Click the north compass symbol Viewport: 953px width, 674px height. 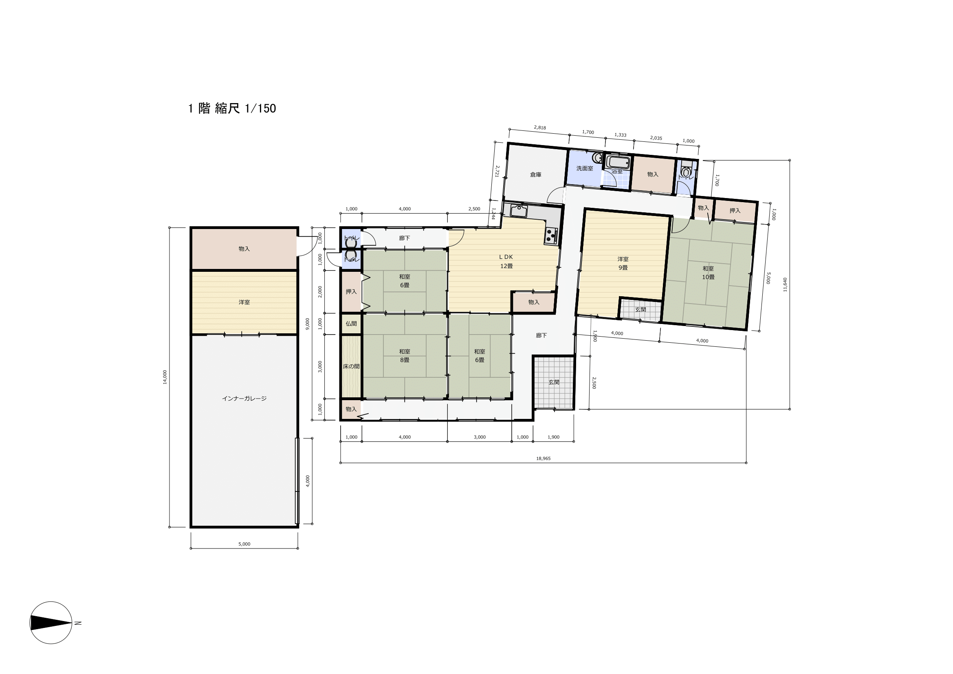[51, 623]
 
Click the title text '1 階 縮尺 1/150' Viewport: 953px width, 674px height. [232, 109]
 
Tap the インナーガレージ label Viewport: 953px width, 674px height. [244, 399]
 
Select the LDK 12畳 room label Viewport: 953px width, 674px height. [506, 262]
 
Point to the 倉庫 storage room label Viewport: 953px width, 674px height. [535, 175]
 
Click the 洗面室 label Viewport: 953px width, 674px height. [584, 169]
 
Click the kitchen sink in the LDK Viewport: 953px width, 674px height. [518, 211]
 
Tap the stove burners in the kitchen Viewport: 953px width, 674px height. [550, 235]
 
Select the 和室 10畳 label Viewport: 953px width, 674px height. [708, 273]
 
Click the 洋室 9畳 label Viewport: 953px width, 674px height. [623, 263]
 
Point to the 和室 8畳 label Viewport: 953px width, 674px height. [405, 356]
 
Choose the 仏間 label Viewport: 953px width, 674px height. [351, 324]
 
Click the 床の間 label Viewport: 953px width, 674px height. [351, 366]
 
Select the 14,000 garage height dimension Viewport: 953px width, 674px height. [165, 377]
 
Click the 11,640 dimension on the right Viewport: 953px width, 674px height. [785, 285]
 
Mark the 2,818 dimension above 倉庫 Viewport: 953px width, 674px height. [539, 128]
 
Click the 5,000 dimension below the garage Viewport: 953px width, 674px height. [244, 544]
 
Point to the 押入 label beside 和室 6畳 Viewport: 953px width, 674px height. [351, 292]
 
